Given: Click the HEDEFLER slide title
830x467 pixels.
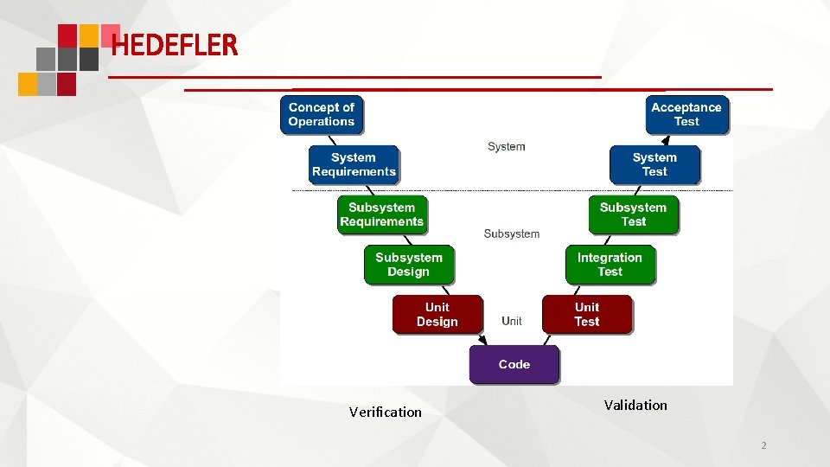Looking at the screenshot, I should (174, 44).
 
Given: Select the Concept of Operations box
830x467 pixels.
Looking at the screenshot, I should (322, 114).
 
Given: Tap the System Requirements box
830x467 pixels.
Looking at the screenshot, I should (354, 164).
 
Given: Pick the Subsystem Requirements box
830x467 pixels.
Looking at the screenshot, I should (382, 214).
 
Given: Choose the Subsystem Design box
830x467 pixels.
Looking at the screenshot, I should (409, 265).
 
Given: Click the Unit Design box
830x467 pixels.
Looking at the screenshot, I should (437, 314).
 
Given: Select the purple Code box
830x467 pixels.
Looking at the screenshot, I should (514, 364).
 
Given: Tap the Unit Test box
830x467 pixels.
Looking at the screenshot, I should (587, 314).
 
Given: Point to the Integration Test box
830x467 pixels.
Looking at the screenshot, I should (610, 265).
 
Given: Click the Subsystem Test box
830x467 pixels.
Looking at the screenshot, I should (633, 214).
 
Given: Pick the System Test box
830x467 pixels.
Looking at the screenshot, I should (654, 164).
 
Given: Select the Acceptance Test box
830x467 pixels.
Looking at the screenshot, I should (686, 114).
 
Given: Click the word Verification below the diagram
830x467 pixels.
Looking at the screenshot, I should (386, 412).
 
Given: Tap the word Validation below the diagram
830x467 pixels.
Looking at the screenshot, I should (635, 405).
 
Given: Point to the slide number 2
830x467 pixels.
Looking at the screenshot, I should (763, 445).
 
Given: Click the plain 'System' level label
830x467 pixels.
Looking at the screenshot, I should (506, 147).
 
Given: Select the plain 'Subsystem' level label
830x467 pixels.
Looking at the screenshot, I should (511, 233).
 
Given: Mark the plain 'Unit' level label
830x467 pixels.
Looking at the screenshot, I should (512, 321).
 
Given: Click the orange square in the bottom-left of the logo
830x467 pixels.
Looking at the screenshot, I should (28, 84).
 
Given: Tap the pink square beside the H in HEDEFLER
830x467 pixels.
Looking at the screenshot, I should (110, 35).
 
